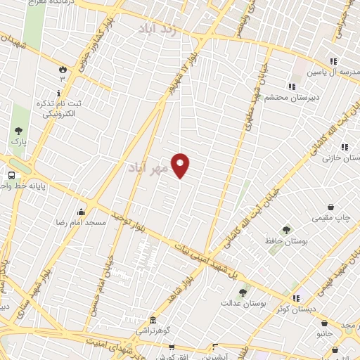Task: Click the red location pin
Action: (181, 165)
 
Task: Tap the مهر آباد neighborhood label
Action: (149, 169)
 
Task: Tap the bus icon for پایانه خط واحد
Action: (11, 175)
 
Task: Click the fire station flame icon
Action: (63, 69)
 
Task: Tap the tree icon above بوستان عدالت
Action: (243, 292)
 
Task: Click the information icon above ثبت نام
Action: (59, 93)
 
